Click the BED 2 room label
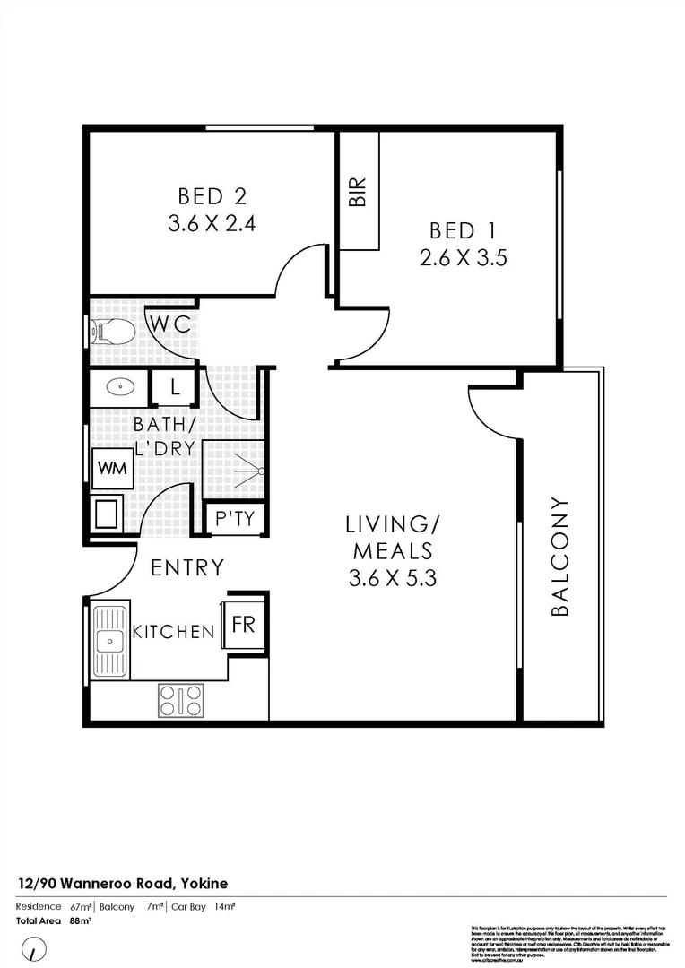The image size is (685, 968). point(212,195)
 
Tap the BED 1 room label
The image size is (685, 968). point(464,229)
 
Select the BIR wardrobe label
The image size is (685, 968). point(358,192)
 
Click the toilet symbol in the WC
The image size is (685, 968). point(114,333)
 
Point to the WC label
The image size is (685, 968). point(169,324)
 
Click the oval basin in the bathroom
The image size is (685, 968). point(117,388)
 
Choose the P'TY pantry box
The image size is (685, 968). point(236,519)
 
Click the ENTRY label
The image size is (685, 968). point(186,567)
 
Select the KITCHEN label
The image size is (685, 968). point(174,632)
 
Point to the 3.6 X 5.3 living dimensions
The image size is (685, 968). point(393,578)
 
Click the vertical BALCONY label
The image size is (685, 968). point(559,556)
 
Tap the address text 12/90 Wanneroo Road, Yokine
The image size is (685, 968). point(122,884)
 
